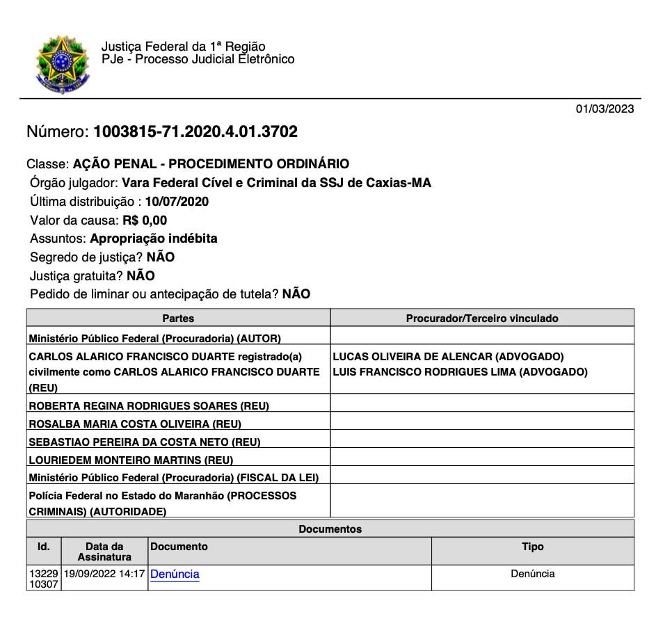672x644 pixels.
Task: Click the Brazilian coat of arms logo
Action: point(62,65)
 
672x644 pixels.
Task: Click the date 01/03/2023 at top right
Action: point(605,108)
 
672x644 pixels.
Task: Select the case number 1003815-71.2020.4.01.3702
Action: point(195,131)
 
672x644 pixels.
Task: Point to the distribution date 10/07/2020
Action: point(177,202)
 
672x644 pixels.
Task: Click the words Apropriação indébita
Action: point(154,239)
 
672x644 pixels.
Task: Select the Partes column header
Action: point(178,318)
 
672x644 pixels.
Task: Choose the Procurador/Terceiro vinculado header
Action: point(482,318)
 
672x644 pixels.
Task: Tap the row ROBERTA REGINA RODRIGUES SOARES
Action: point(148,405)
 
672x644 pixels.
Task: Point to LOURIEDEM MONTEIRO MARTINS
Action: point(131,460)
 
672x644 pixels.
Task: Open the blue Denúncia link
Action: point(175,574)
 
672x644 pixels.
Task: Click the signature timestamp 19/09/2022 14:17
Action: point(104,574)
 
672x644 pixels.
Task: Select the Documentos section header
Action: point(330,529)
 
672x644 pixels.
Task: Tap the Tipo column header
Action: point(532,547)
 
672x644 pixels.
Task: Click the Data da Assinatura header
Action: point(104,552)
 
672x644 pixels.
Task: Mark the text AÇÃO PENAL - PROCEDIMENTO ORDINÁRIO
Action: point(211,164)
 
